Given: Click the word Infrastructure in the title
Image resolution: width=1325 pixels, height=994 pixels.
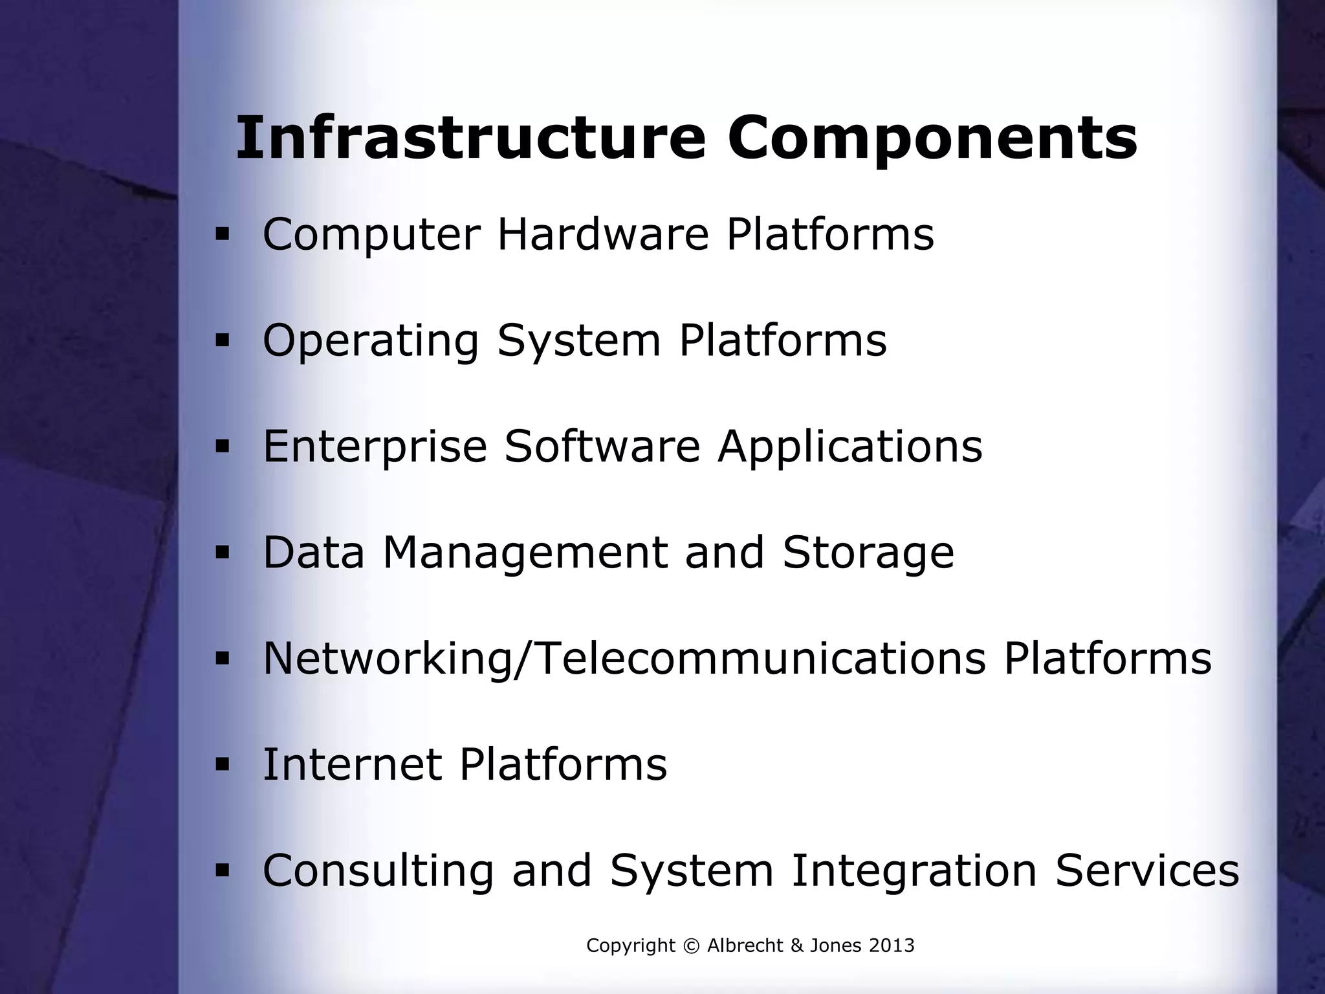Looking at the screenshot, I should [470, 139].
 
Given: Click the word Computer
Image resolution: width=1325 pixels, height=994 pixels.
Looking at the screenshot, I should [371, 235].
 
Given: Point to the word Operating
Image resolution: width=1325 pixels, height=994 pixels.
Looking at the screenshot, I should [371, 342].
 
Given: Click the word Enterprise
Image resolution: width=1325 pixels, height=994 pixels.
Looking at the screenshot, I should [375, 447].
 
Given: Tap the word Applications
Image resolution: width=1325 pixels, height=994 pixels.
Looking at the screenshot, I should [849, 447].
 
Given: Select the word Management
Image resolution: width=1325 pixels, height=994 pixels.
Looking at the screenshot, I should [525, 553].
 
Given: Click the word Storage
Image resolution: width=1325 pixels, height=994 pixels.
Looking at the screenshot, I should [868, 553].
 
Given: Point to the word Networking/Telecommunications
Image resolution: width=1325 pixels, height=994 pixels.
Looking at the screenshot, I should [624, 659].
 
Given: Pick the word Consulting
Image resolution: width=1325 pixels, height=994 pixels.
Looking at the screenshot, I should [378, 872].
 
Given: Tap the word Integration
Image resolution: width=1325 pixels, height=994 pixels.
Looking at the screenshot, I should [914, 872].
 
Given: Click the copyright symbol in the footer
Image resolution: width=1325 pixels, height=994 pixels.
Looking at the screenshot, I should [691, 946].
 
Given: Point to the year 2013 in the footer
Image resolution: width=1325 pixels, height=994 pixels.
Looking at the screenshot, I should [891, 946].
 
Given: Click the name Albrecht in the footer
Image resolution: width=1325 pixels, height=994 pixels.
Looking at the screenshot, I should [745, 946].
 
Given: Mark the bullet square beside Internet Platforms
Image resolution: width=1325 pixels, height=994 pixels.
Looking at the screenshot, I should [223, 765].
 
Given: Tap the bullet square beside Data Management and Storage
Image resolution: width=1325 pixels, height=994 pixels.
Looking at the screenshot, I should [223, 554].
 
